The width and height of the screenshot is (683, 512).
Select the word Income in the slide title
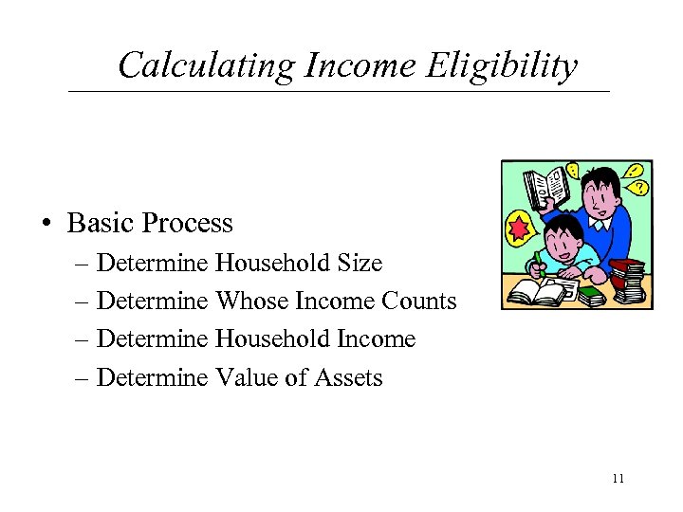[x=359, y=65]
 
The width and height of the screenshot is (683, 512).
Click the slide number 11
[x=618, y=478]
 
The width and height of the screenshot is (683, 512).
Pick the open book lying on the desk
[x=536, y=291]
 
